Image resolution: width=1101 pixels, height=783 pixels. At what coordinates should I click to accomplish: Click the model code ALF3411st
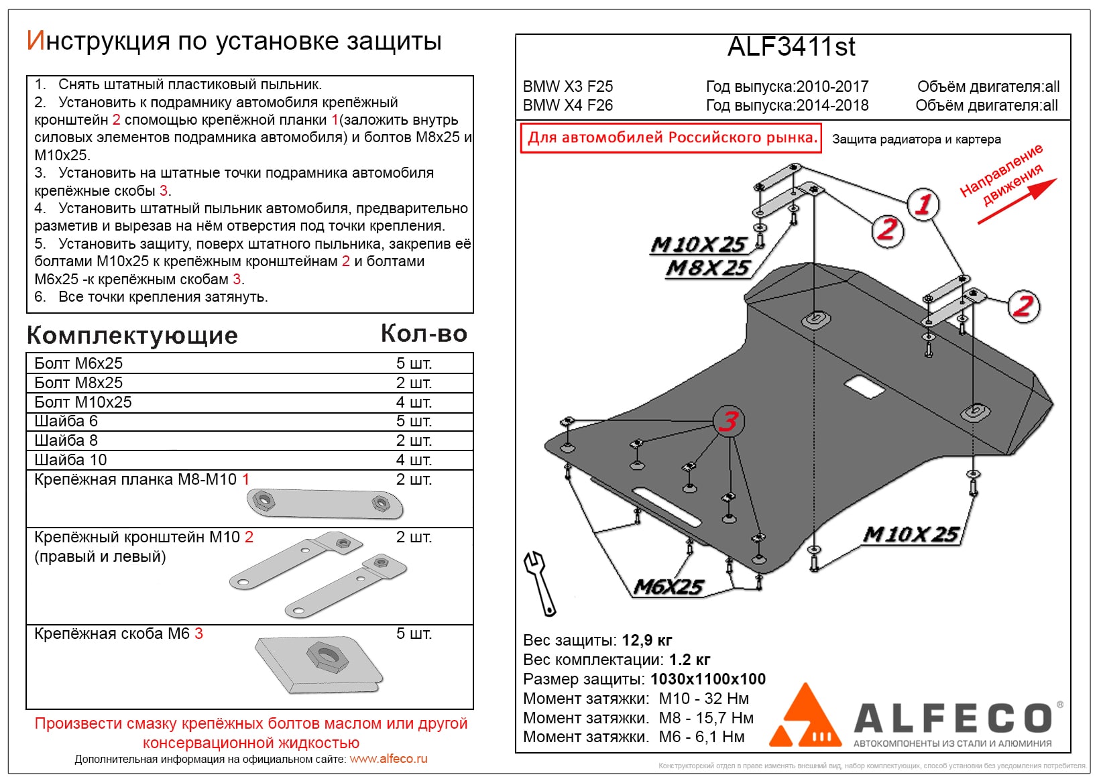791,47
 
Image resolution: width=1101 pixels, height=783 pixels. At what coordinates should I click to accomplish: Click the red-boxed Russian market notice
671,138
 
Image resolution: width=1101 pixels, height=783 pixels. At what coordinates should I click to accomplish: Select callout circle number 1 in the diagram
923,204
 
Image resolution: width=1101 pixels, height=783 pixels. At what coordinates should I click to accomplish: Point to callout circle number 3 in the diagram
729,421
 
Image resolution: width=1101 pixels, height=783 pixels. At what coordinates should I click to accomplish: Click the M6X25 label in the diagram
669,587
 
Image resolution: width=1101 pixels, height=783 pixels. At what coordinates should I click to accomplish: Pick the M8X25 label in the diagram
708,268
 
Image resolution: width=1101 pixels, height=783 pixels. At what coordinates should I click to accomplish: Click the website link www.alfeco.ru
388,759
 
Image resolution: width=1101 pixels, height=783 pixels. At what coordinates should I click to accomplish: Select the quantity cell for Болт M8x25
414,383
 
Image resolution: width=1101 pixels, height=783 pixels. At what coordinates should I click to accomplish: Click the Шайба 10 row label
70,460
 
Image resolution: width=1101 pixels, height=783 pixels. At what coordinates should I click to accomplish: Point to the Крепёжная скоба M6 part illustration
318,665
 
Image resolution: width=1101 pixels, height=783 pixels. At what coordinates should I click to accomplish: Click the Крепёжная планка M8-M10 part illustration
325,503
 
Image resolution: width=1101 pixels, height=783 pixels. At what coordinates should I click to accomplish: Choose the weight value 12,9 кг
646,640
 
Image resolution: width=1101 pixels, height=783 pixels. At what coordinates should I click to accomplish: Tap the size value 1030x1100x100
707,679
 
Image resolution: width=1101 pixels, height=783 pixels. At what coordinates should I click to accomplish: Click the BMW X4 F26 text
568,105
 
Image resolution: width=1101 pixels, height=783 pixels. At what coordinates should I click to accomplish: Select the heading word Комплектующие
132,335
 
